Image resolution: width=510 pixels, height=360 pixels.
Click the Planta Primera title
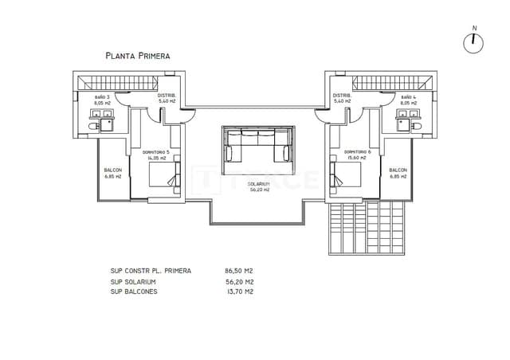coord(137,56)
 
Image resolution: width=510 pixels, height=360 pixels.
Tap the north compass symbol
coord(473,42)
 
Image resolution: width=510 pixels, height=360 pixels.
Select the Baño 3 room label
coord(102,100)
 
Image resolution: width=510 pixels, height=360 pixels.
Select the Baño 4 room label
coord(407,100)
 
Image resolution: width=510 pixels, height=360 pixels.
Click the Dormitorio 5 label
coord(156,155)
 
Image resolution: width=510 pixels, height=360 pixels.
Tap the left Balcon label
coord(112,173)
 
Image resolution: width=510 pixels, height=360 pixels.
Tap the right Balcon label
coord(398,173)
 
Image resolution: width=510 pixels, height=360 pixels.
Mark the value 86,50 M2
coord(239,271)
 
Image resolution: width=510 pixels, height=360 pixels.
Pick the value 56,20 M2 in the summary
coord(239,281)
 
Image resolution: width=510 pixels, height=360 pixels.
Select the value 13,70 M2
coord(239,292)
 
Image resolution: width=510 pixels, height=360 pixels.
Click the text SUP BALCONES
coord(134,292)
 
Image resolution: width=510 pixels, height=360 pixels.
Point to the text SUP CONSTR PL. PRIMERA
coord(151,271)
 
